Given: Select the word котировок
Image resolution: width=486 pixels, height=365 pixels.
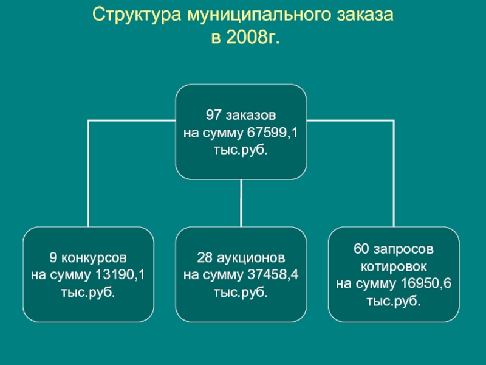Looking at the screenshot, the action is tap(394, 266).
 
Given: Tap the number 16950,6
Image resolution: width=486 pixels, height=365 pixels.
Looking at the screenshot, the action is tap(426, 283).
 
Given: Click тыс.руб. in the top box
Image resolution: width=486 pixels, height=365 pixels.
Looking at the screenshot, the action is tap(241, 149).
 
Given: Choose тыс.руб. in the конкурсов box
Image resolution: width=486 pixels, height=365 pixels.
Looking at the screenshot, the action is tap(88, 292).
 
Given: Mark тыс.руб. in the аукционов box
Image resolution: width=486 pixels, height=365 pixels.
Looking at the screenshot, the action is tap(241, 292).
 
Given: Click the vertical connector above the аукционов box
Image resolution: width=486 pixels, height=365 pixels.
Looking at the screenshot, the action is tap(241, 203).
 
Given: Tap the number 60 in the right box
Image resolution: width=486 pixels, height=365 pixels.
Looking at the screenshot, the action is tap(361, 250).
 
